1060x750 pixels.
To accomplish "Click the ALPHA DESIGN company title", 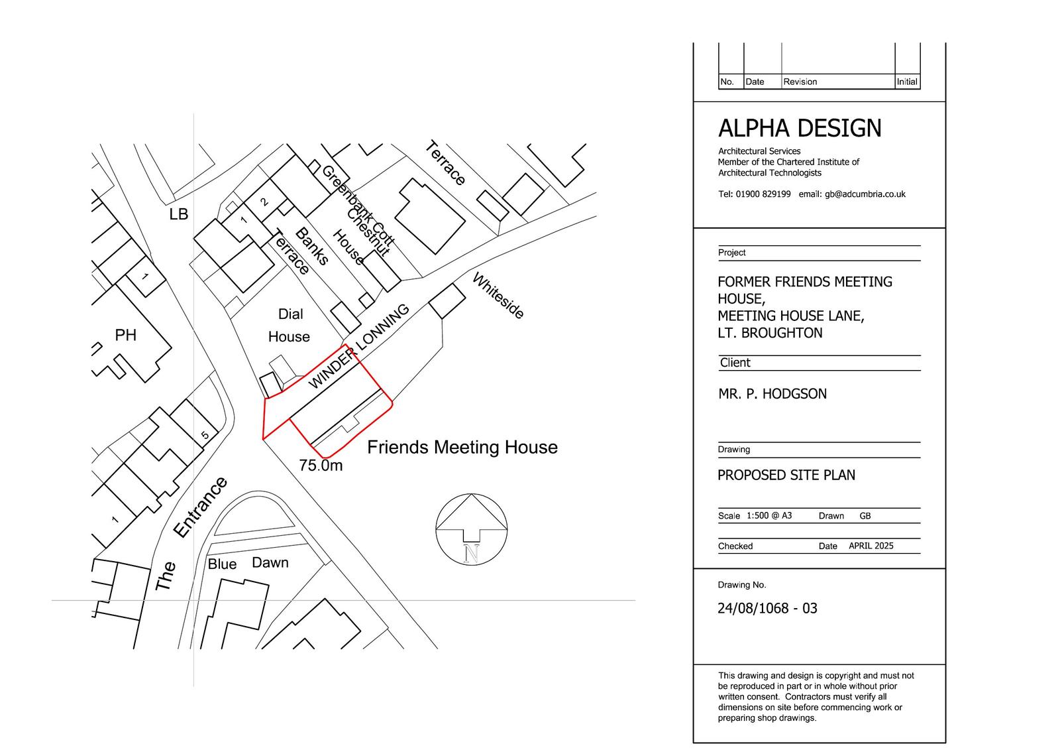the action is [800, 128].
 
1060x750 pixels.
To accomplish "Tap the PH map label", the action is [126, 336].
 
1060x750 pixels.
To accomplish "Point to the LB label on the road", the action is [179, 215].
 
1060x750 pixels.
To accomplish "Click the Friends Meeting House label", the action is [462, 447].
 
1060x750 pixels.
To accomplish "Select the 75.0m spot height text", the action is [321, 466].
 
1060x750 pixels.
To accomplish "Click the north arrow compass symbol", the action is [471, 529].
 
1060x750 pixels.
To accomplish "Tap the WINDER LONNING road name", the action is [358, 346].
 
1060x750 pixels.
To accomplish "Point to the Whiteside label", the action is [498, 296].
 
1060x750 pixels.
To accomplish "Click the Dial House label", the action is [290, 326].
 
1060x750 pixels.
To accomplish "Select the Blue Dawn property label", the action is [248, 564].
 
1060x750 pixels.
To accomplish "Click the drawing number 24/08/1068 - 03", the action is [768, 608].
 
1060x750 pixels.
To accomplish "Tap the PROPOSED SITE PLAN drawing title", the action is [786, 475].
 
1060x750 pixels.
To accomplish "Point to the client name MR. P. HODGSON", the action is [772, 394].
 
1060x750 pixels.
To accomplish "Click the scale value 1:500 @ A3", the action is [769, 515].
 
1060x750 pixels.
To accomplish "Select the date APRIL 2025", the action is [871, 546].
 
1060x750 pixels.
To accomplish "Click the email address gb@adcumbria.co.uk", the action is [865, 194].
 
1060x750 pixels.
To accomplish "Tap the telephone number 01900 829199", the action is [763, 194].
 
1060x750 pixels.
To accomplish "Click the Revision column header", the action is [800, 82].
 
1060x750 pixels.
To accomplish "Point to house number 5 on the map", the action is [205, 435].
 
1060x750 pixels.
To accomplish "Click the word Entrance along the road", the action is [201, 507].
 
